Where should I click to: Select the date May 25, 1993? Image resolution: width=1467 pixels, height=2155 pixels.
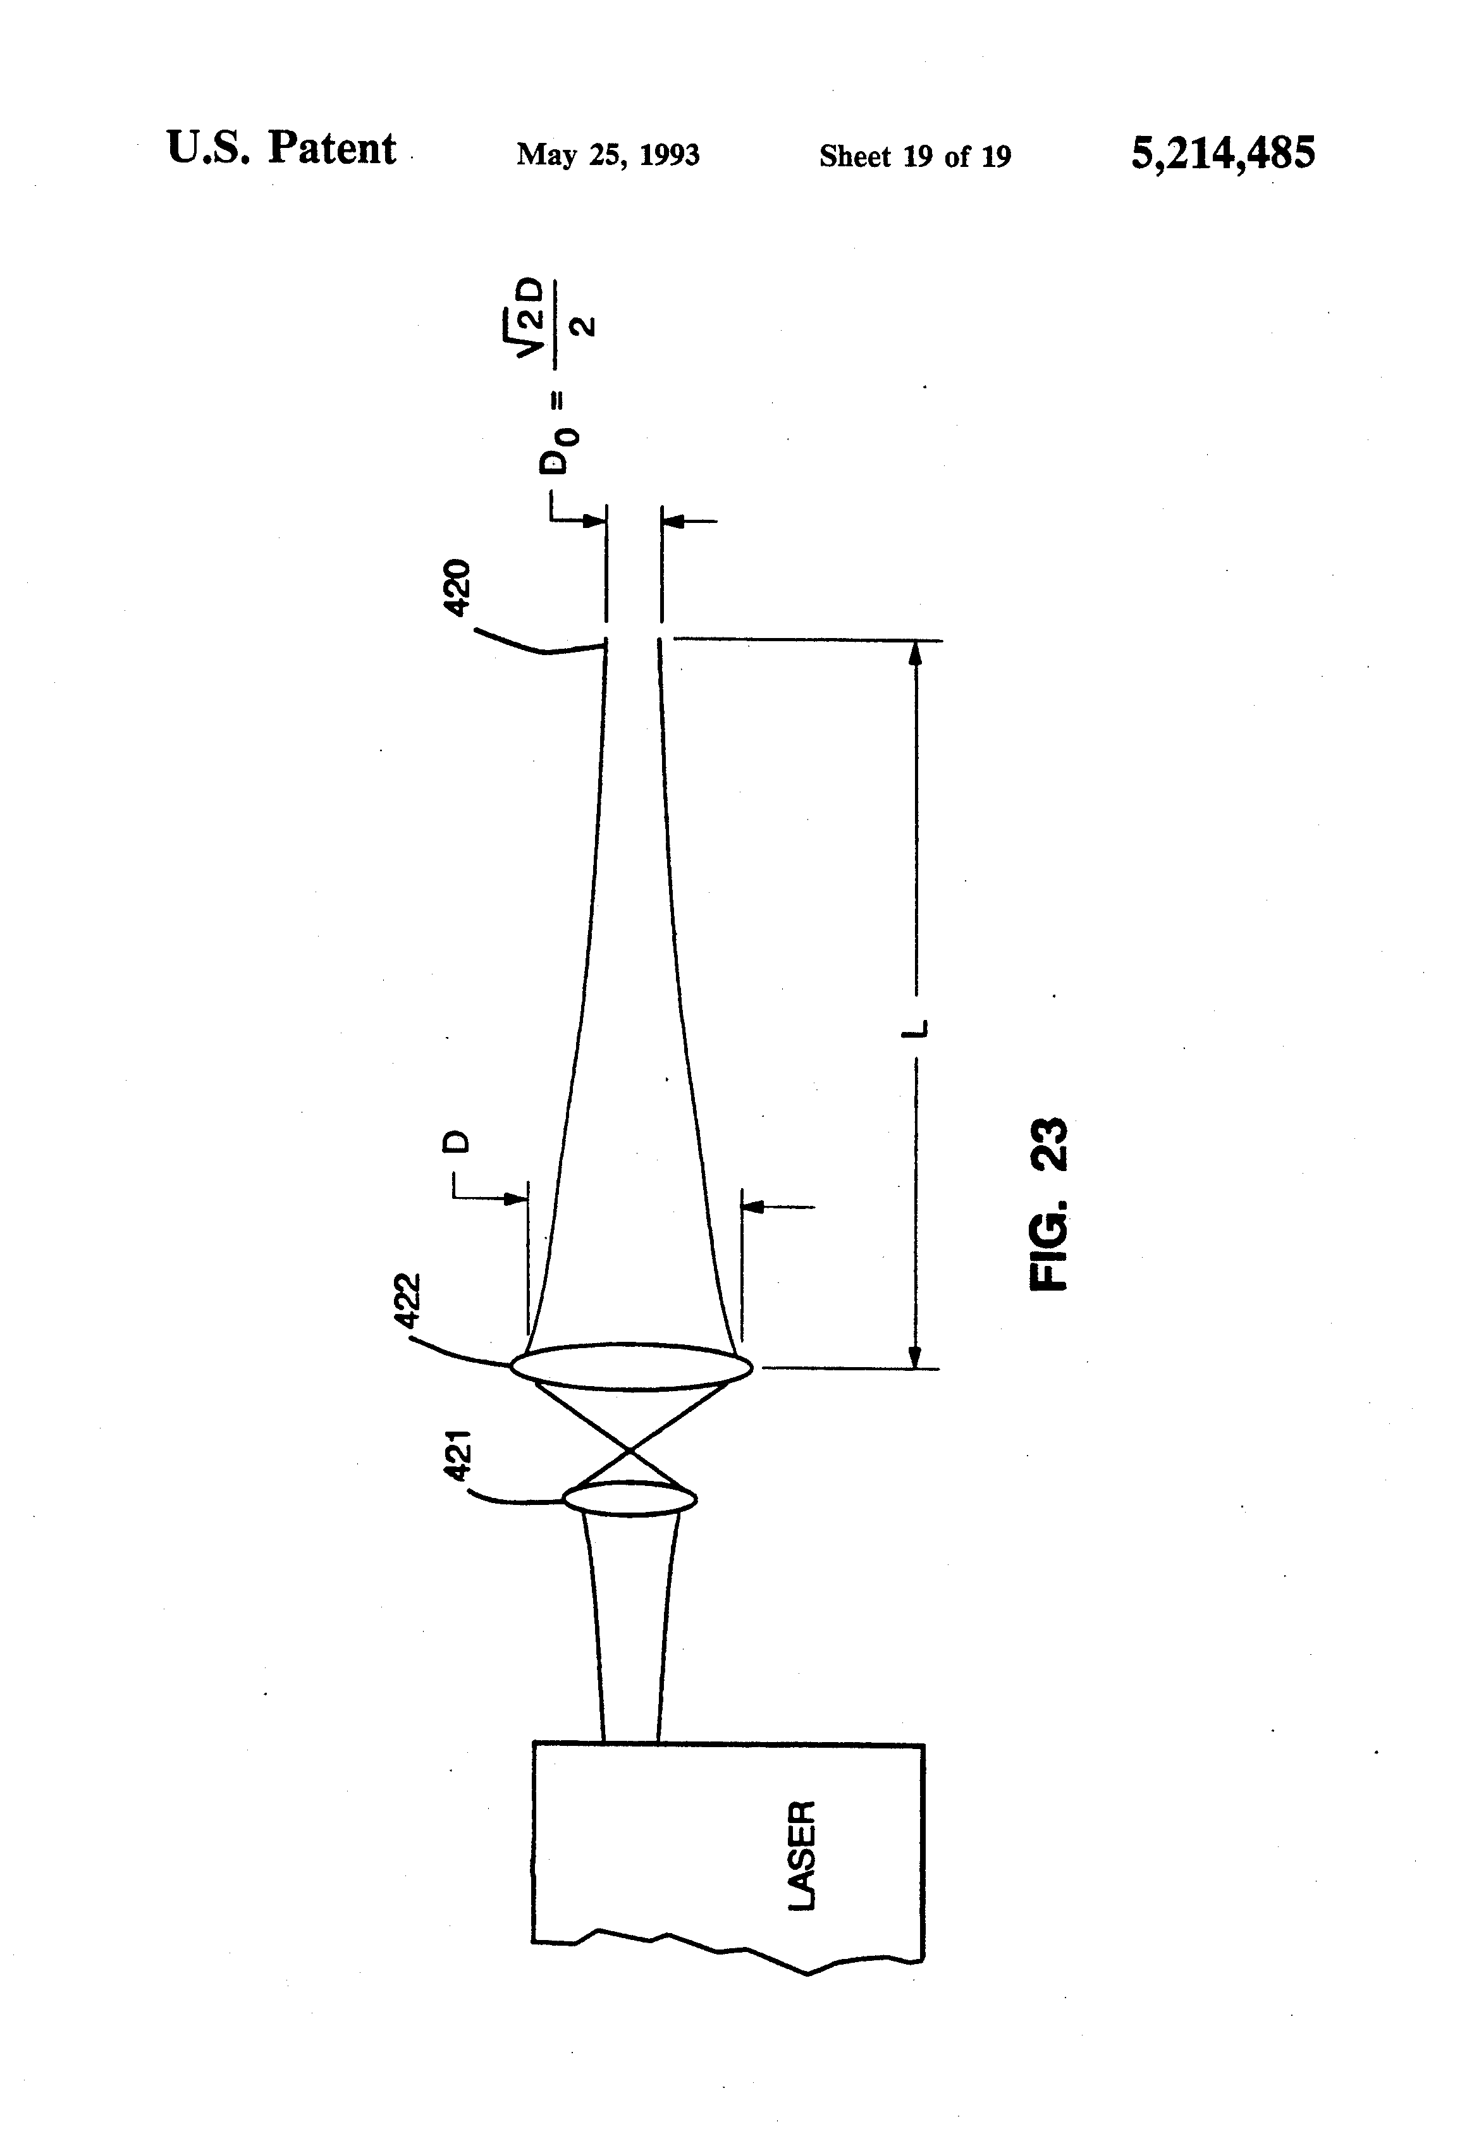pos(608,155)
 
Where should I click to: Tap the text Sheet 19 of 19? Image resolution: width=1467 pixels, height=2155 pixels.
pos(914,157)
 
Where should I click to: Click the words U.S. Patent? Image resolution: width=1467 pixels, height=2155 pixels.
pos(281,149)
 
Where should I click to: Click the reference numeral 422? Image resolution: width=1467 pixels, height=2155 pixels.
pos(407,1302)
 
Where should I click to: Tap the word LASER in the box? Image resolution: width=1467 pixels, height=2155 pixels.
pos(801,1855)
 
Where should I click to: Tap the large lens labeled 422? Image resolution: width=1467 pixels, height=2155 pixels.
pos(630,1367)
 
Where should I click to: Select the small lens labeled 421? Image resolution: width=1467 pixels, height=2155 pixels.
pos(630,1497)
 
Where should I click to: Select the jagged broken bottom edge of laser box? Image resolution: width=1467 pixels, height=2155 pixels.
pos(733,1950)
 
